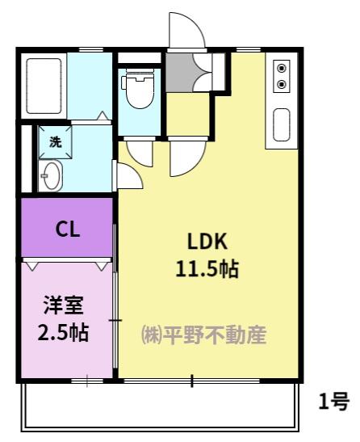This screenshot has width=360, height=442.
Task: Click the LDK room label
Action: click(x=208, y=241)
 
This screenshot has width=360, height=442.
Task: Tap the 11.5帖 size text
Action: click(x=207, y=268)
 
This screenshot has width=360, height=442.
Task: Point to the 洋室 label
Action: click(x=62, y=306)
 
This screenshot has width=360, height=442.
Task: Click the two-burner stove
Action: click(x=282, y=74)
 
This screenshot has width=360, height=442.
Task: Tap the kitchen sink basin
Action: click(x=282, y=125)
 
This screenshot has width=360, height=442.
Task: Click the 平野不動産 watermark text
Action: click(x=216, y=335)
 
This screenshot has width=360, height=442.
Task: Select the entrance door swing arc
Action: click(x=184, y=31)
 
